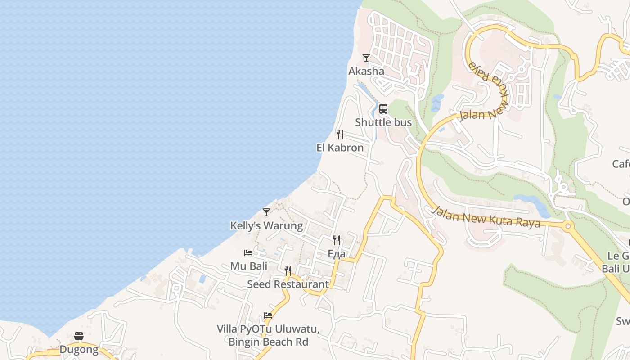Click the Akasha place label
tap(366, 71)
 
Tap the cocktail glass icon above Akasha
tap(366, 58)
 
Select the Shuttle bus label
tap(383, 122)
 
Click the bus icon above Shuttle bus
tap(383, 109)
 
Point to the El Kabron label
tap(340, 148)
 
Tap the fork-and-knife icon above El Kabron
tap(340, 135)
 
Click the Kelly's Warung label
tap(266, 225)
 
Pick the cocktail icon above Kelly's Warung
tap(266, 212)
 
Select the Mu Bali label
tap(249, 266)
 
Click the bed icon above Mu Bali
tap(248, 253)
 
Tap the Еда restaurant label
tap(336, 254)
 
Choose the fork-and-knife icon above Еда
tap(336, 240)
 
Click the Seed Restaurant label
tap(288, 284)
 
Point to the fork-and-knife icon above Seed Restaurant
tap(288, 271)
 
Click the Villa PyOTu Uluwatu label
tap(268, 329)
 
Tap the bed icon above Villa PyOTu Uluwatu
tap(268, 315)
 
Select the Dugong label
tap(79, 349)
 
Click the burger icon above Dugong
tap(79, 336)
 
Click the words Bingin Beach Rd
tap(268, 342)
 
